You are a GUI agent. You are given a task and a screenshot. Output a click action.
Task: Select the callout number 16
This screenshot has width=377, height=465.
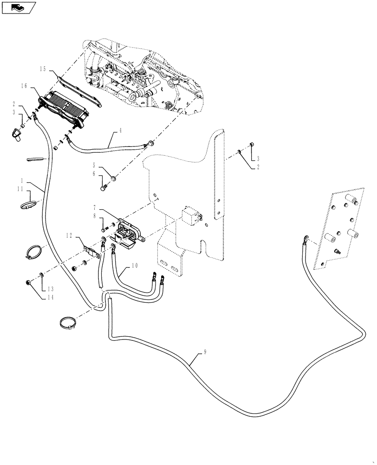pos(25,86)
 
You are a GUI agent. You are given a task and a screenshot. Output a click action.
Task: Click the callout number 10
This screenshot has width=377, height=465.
pos(134,266)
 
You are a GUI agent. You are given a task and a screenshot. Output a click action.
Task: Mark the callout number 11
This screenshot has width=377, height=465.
pos(20,189)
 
